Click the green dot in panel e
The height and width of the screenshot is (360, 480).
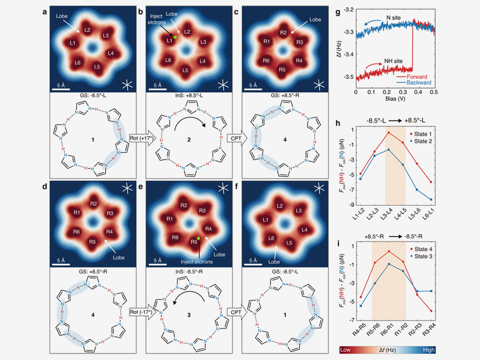(x=198, y=238)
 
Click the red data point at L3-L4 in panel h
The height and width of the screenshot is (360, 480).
(x=388, y=132)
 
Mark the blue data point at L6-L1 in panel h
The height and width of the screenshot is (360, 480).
(x=431, y=199)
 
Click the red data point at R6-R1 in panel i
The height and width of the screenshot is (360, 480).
(x=388, y=251)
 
